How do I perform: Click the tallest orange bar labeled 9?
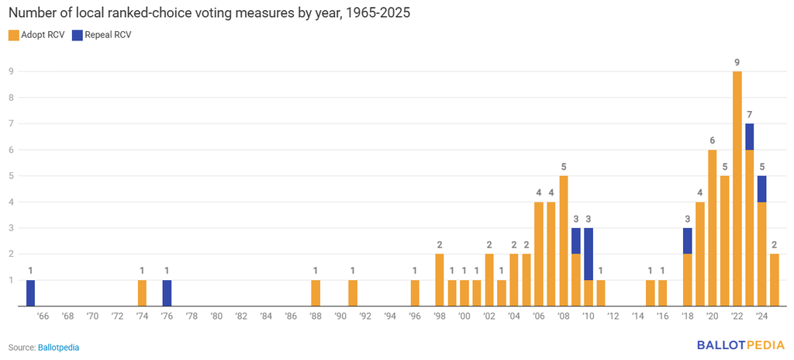point(737,189)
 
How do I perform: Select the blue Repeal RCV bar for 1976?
point(167,293)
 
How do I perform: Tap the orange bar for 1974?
point(143,293)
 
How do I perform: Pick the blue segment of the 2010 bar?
point(588,254)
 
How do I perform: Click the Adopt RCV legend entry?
point(36,35)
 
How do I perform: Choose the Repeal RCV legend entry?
point(102,35)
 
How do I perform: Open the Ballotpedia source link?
point(59,348)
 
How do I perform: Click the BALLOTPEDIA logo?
point(740,345)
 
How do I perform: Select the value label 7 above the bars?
point(750,115)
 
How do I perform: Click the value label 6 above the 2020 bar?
point(712,141)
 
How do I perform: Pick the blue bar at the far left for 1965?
point(30,293)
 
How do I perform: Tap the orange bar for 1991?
point(353,293)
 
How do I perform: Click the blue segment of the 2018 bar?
point(687,241)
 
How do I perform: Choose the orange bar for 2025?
point(775,280)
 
